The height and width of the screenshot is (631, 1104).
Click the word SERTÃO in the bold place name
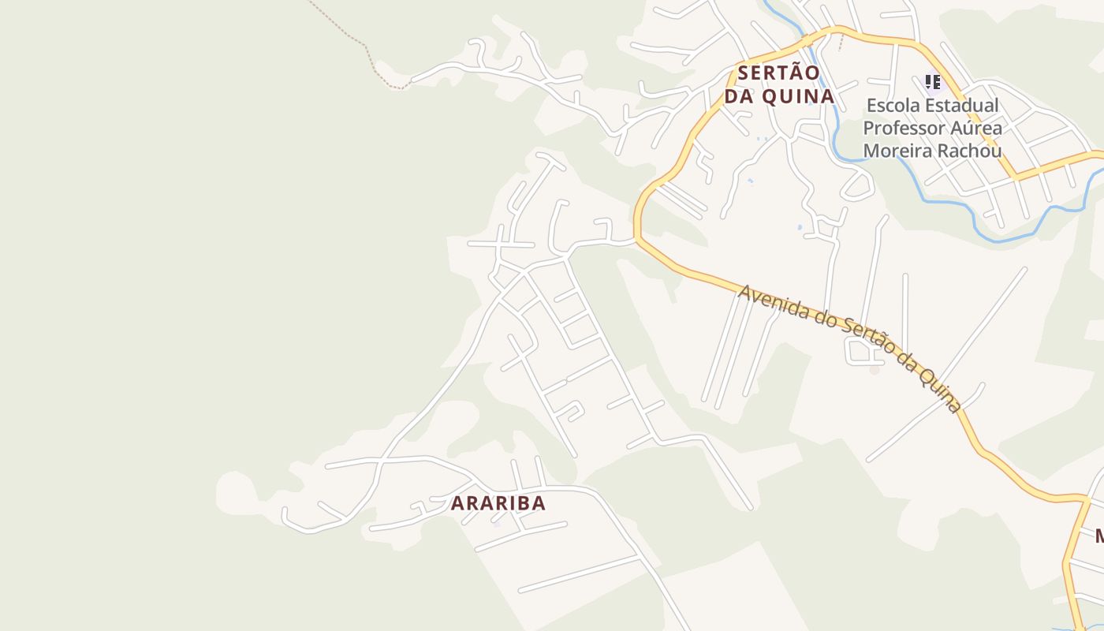(x=778, y=73)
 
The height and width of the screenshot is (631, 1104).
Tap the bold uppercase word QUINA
(x=797, y=96)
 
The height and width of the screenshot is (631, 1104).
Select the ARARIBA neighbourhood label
(x=498, y=503)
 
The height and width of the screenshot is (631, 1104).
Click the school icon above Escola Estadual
(x=933, y=82)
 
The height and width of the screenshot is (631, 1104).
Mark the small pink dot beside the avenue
(x=874, y=369)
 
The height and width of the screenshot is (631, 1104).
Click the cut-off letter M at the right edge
(x=1099, y=536)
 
